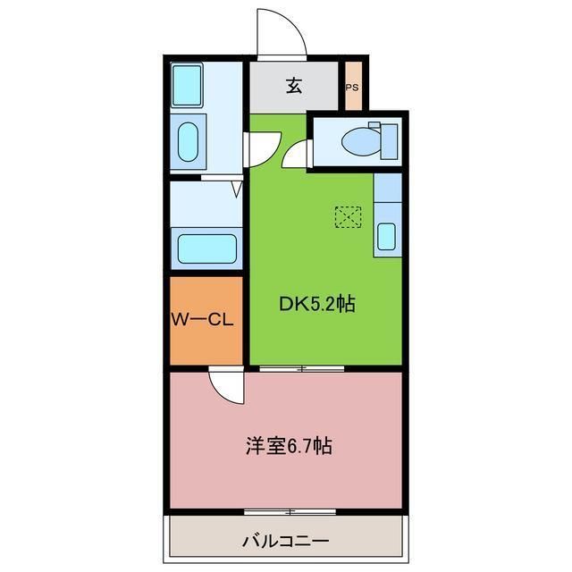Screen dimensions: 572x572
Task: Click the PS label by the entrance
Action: click(352, 88)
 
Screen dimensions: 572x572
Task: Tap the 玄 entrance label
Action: click(294, 86)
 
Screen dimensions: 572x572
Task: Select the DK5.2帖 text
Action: click(317, 304)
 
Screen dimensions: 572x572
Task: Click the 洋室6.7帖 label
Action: click(289, 445)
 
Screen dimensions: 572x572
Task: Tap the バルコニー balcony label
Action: click(285, 541)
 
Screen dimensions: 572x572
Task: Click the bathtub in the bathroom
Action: click(206, 248)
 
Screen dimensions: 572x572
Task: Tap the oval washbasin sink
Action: click(188, 142)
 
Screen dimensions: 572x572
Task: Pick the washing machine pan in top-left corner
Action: click(188, 85)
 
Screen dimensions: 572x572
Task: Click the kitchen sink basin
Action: click(386, 236)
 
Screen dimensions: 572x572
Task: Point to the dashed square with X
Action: click(348, 216)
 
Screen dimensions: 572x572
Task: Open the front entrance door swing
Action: click(281, 34)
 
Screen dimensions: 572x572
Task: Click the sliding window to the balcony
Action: click(290, 512)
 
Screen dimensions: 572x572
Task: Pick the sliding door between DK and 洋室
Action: click(303, 367)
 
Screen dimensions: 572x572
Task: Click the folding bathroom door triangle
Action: click(237, 189)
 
